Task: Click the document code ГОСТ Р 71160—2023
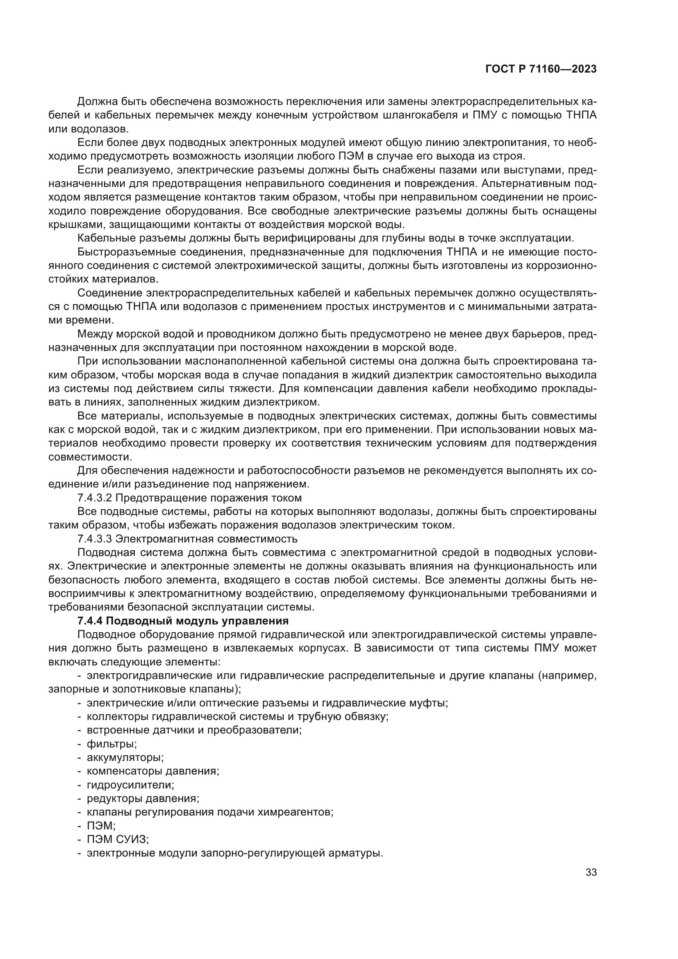click(541, 69)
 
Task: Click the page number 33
click(591, 872)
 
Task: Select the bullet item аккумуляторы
click(125, 757)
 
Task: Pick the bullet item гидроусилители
click(130, 784)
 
